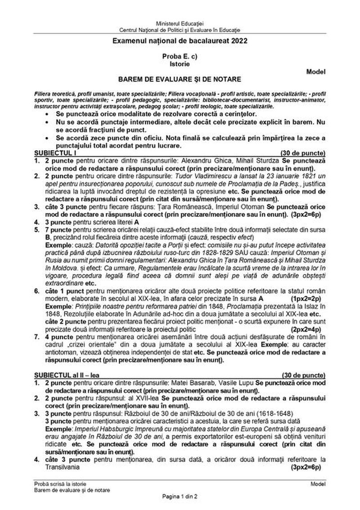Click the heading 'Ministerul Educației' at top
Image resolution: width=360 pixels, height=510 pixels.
(180, 23)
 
